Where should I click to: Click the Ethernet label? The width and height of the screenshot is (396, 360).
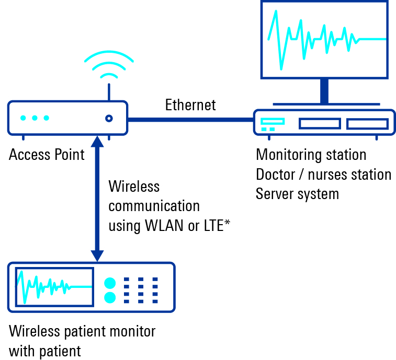190,105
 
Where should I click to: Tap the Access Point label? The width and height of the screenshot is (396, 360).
47,155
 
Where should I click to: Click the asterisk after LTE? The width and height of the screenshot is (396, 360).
228,224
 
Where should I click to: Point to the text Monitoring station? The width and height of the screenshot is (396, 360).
311,155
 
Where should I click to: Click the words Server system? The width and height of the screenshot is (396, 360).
297,194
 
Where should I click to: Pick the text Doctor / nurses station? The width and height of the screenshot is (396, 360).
323,174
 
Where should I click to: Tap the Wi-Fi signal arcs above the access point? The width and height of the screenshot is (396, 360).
109,65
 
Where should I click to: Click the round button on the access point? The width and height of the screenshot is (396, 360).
109,119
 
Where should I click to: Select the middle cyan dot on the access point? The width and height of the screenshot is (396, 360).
35,118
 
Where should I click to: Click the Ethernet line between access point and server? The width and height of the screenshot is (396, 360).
190,120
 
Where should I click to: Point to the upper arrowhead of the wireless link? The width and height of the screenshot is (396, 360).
97,141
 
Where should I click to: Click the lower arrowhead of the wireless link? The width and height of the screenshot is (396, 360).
97,256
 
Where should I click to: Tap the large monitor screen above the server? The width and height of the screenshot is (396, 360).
324,39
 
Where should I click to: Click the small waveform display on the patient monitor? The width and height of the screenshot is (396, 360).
54,286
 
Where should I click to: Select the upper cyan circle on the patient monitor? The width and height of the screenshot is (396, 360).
110,283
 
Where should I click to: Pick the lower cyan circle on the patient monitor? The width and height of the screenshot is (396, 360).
110,298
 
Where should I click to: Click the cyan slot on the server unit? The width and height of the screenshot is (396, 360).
273,121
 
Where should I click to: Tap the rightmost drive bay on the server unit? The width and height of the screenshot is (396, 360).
367,124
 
